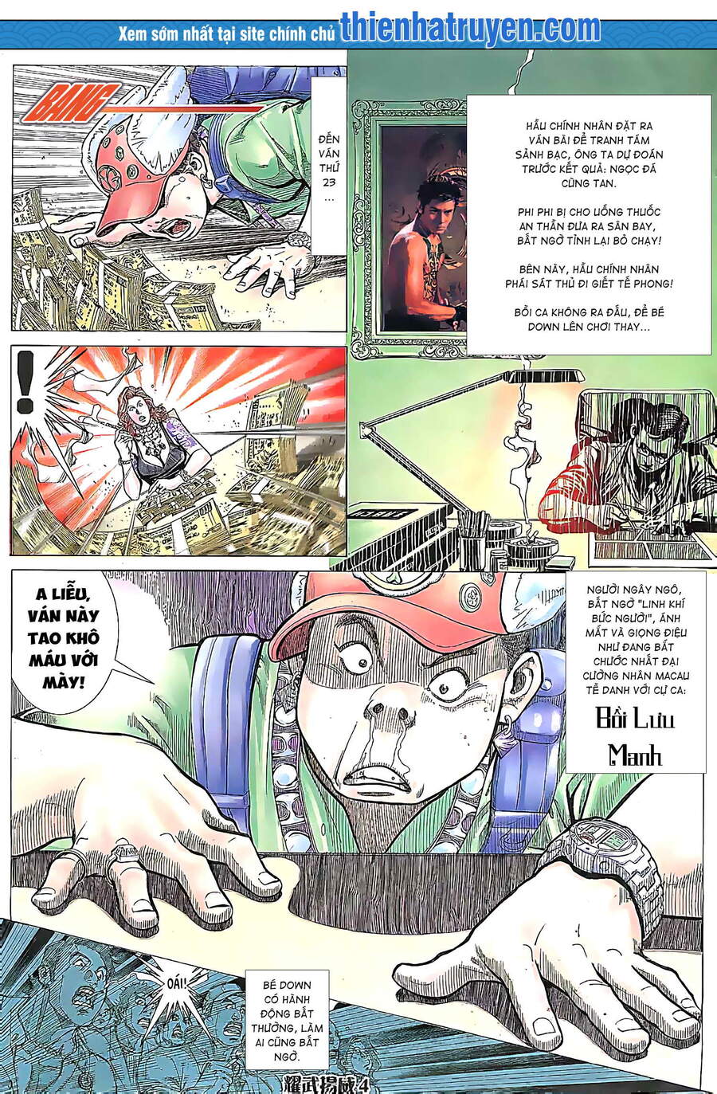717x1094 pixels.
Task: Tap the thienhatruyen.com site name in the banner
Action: coord(470,29)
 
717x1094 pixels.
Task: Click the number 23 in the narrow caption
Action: coord(327,182)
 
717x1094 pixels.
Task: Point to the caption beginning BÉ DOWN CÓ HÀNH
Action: coord(288,1020)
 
